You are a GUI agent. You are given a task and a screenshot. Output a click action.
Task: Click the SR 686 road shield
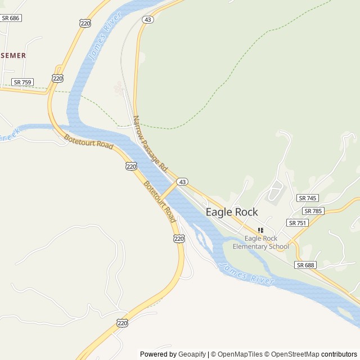click(10, 18)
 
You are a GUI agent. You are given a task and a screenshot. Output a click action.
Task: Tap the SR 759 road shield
click(22, 82)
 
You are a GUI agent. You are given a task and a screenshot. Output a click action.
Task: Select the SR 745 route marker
click(308, 198)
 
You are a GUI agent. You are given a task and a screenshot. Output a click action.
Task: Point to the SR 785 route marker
click(313, 211)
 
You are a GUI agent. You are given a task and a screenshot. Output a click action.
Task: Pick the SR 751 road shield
click(298, 223)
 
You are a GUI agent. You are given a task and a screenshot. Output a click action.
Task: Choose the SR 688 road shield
click(305, 265)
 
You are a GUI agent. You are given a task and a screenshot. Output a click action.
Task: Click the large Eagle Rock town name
click(232, 212)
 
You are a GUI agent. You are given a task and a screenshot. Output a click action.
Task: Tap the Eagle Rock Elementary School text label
click(260, 242)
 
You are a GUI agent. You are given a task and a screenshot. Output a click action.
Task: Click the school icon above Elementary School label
click(260, 230)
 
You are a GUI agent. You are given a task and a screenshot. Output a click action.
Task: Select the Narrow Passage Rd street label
click(150, 144)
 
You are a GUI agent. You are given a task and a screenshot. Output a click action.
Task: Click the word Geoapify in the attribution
click(192, 354)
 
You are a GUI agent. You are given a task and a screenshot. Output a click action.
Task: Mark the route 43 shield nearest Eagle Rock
click(182, 182)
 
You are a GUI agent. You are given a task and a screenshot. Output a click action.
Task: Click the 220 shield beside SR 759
click(57, 78)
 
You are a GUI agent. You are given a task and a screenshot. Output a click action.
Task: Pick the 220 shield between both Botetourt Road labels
click(131, 166)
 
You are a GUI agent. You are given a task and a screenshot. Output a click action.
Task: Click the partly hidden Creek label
click(10, 134)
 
